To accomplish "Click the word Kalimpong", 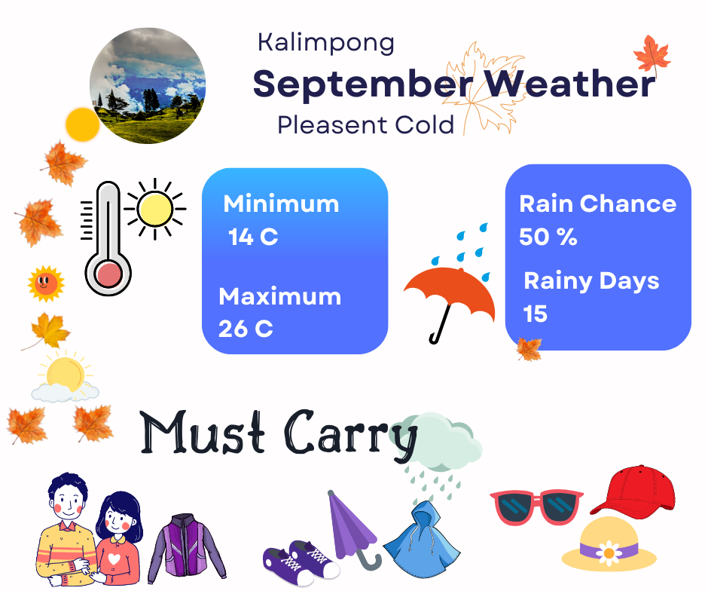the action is (x=326, y=44).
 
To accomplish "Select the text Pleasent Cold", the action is (x=366, y=125).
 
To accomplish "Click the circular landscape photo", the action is (x=148, y=85).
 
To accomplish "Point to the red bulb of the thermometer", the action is (x=108, y=274).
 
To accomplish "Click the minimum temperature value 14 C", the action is (x=253, y=237).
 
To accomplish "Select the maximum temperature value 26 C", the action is (x=246, y=329).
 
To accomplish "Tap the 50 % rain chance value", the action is (x=548, y=237).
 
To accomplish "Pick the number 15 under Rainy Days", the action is (x=535, y=314).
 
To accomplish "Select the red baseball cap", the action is (x=633, y=491).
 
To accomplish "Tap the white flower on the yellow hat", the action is (x=609, y=553).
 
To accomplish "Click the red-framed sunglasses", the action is (x=536, y=507).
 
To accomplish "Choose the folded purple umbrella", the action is (x=352, y=527).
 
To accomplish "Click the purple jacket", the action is (x=186, y=548).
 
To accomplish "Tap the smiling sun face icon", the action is (x=46, y=284).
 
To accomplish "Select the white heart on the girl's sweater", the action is (x=114, y=559).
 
